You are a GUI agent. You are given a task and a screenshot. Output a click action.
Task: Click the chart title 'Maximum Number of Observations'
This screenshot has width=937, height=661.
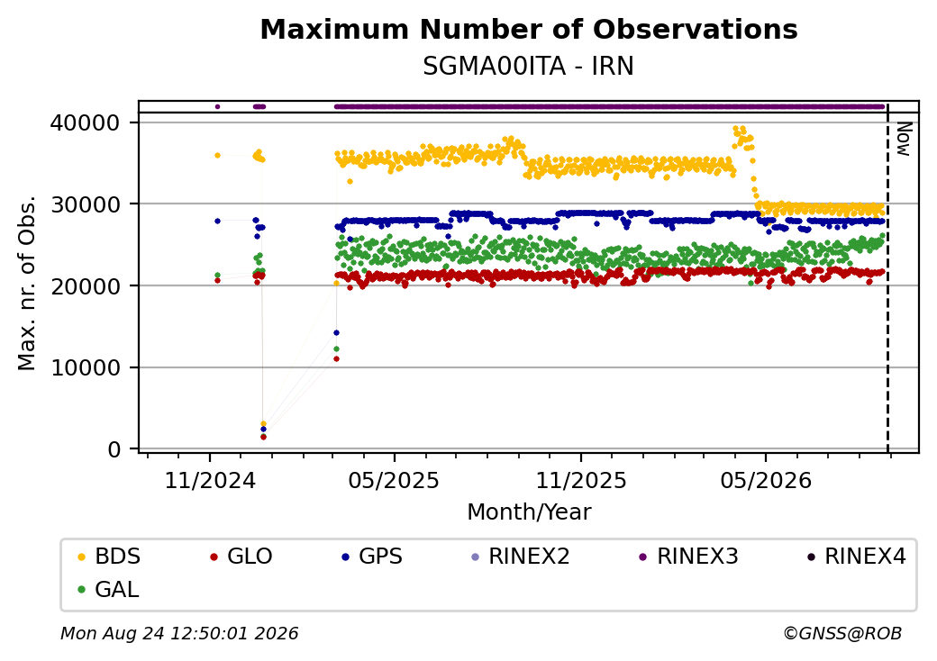point(529,29)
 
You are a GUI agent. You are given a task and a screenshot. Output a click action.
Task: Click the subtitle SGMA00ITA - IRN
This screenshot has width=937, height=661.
point(528,67)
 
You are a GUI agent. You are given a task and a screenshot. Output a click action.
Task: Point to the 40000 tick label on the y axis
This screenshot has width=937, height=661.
point(86,123)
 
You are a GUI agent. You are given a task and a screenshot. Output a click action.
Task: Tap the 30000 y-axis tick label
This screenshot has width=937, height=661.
point(86,204)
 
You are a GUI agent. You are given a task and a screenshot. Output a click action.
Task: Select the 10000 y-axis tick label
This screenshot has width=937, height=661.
point(86,367)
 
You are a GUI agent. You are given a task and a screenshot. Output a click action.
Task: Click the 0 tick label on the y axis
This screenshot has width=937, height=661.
point(114,449)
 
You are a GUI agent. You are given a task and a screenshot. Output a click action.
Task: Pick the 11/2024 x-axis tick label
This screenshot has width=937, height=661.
point(210,481)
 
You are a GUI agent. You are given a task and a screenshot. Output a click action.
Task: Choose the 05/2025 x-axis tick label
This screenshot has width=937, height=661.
point(394,481)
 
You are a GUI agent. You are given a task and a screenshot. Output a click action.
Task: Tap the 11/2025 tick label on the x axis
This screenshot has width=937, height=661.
point(581,481)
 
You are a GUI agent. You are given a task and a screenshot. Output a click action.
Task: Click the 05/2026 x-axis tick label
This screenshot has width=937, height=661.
point(766,481)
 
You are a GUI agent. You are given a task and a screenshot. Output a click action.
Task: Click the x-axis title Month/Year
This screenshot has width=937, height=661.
point(529,512)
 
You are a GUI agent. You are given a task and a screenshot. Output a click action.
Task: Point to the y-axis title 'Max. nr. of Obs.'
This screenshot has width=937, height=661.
point(27,283)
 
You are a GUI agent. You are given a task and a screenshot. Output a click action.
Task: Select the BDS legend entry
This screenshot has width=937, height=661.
point(109,557)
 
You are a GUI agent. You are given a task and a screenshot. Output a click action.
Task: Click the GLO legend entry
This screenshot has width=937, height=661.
point(241,557)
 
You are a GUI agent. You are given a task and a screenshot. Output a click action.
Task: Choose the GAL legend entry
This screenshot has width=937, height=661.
point(109,589)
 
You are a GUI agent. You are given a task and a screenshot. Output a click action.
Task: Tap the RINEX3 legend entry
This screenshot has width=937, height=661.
point(688,557)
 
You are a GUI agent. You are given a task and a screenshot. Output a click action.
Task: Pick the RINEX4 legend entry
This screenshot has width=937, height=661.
point(856,557)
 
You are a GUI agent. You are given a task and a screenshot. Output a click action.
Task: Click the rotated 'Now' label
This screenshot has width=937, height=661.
point(905,139)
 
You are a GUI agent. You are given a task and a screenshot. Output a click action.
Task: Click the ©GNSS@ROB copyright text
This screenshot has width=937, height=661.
point(842,633)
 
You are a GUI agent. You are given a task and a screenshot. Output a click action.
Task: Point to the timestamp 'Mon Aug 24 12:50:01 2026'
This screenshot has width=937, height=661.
point(179,633)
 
